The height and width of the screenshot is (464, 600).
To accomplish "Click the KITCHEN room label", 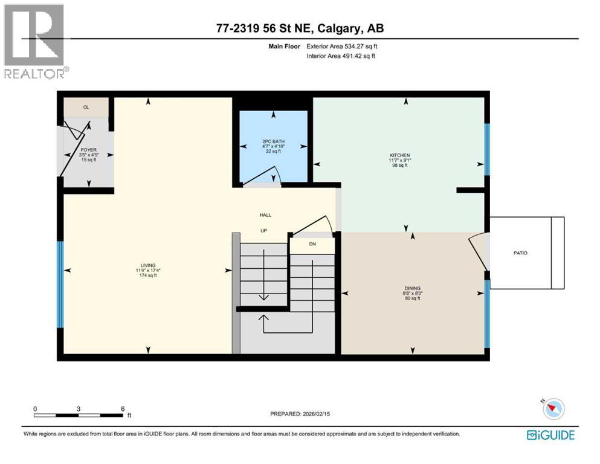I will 399,155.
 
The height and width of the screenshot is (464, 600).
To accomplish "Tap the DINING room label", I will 413,288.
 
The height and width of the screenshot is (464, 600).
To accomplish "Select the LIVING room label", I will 148,265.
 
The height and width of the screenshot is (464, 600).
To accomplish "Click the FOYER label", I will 88,149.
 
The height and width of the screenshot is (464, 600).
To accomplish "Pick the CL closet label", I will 86,107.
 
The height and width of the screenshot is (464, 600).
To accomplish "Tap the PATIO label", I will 520,253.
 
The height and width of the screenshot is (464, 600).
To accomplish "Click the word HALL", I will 266,214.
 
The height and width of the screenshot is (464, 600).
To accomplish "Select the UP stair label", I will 263,230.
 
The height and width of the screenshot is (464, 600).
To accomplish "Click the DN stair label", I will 312,245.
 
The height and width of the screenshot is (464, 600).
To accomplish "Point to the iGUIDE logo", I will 550,434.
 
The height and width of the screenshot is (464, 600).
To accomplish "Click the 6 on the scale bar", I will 123,408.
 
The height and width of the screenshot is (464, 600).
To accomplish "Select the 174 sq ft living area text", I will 148,275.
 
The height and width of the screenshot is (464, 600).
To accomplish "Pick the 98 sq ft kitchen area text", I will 399,165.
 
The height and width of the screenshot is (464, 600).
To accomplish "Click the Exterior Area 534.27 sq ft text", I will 342,46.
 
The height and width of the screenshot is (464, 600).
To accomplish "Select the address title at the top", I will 300,28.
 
